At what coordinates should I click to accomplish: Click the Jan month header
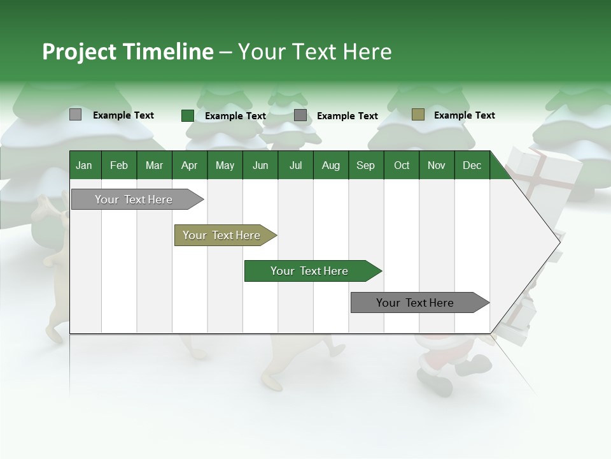(x=84, y=166)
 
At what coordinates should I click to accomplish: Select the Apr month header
(x=189, y=166)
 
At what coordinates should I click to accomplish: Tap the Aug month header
(x=330, y=166)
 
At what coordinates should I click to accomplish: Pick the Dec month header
(x=472, y=166)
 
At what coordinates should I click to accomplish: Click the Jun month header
(x=260, y=166)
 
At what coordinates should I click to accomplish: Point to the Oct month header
(x=402, y=166)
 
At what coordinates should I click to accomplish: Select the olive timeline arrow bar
(x=223, y=235)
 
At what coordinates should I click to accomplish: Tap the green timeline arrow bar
(x=311, y=271)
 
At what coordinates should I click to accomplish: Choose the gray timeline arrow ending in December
(x=417, y=303)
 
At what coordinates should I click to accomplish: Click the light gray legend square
(x=76, y=115)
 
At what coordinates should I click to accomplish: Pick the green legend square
(x=187, y=115)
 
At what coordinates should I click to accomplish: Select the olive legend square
(x=418, y=115)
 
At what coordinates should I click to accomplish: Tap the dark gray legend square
(x=300, y=115)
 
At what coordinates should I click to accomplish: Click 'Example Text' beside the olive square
(x=464, y=115)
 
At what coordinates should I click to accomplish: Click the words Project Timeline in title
(x=127, y=52)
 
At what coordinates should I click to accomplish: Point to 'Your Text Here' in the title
(x=314, y=52)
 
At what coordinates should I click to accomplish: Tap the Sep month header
(x=365, y=166)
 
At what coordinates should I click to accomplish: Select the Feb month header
(x=119, y=166)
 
